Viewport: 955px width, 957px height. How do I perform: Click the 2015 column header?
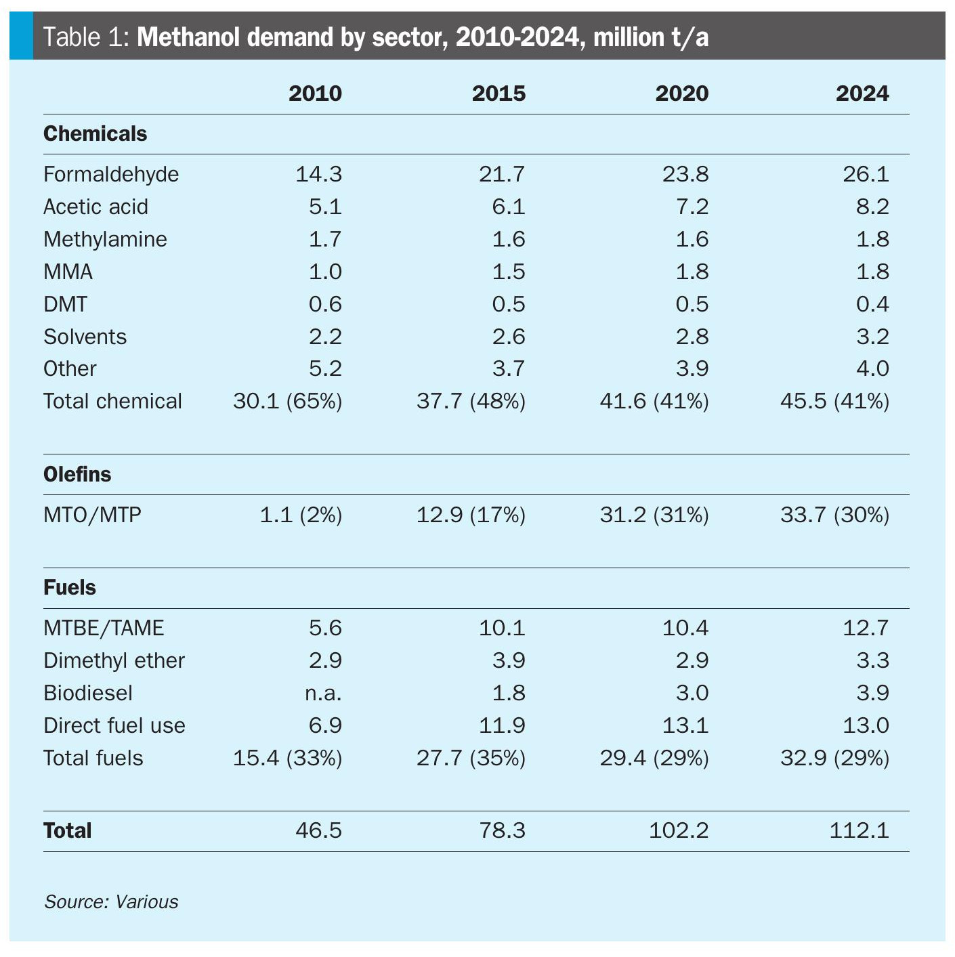coord(498,93)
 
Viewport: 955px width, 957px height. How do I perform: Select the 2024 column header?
coord(862,93)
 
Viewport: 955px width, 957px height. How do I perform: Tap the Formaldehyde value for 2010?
coord(318,174)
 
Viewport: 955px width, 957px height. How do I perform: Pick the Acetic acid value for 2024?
coord(872,207)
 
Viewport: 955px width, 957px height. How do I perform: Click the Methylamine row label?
coord(105,239)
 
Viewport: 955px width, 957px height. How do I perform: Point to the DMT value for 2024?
coord(872,304)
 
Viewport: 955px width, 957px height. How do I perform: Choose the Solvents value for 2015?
coord(508,337)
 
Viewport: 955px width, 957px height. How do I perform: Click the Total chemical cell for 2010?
coord(287,401)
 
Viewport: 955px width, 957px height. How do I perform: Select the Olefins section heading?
coord(77,474)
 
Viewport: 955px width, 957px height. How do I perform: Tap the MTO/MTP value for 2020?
coord(654,515)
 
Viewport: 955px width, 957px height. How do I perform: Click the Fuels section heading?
coord(70,587)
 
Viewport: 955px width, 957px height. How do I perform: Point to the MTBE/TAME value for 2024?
coord(865,628)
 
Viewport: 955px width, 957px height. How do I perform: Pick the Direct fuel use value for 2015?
coord(502,725)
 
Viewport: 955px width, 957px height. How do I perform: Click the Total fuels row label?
coord(93,758)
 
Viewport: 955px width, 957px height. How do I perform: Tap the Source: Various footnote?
coord(111,901)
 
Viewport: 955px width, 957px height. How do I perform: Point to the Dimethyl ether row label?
coord(114,660)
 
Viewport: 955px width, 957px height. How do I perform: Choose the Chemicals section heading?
coord(95,133)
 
